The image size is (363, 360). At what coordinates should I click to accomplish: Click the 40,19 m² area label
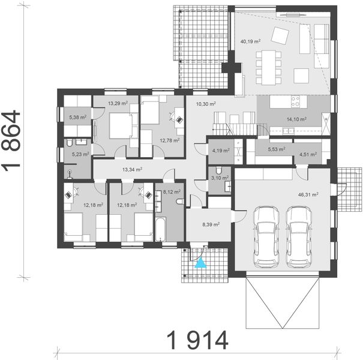(250, 42)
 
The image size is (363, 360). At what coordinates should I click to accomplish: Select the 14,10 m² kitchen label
(296, 119)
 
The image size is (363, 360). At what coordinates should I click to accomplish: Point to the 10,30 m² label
(206, 103)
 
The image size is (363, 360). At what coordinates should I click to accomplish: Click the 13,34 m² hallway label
(132, 169)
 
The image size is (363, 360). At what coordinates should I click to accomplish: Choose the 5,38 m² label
(78, 118)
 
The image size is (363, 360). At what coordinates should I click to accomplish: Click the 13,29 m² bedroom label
(118, 103)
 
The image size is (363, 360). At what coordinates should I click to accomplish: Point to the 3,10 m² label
(221, 178)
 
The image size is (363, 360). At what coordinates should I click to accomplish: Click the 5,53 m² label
(275, 148)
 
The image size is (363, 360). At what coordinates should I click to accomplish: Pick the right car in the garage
(300, 237)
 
